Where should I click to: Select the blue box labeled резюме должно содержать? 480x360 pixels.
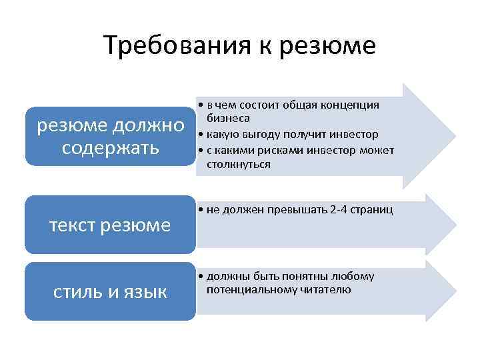[x=110, y=136]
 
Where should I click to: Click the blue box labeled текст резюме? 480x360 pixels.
[x=110, y=225]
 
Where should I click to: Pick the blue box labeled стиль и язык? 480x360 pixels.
[x=110, y=291]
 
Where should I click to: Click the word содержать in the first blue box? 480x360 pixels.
[x=110, y=147]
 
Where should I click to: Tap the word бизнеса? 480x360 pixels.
[x=228, y=118]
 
